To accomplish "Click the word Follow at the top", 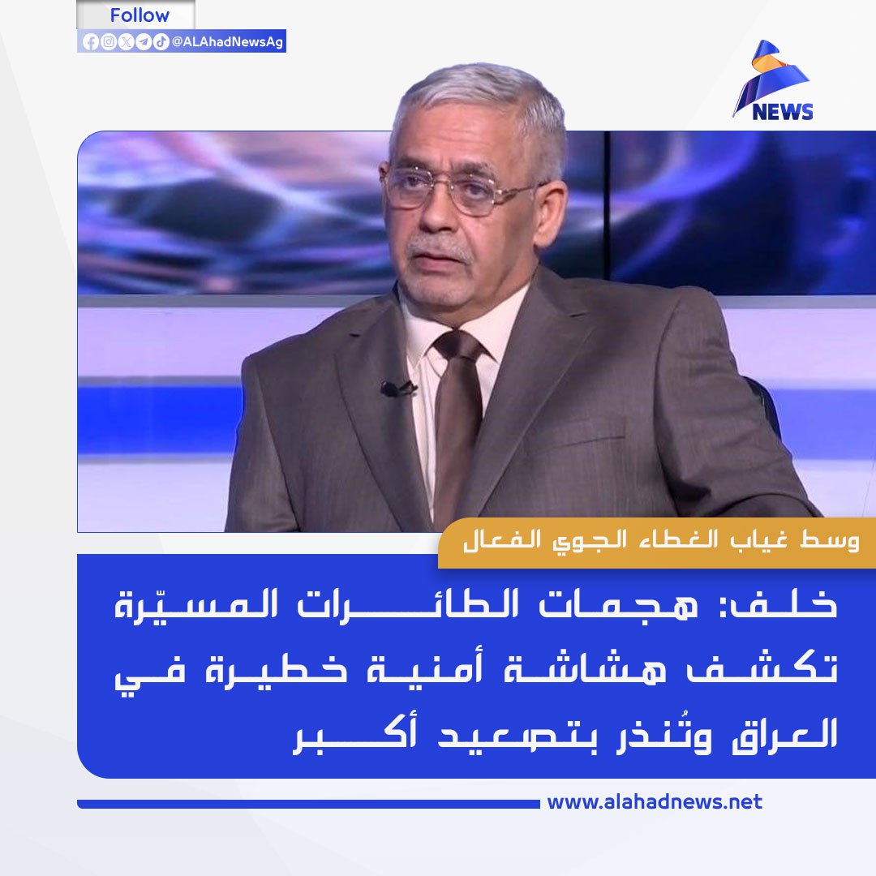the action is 140,15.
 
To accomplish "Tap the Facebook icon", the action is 91,42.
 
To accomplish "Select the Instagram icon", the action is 109,42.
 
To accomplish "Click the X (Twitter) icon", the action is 127,42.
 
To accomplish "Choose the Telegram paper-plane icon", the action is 144,42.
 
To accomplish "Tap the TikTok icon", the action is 161,42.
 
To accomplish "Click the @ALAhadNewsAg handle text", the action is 227,42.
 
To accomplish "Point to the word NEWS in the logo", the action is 782,112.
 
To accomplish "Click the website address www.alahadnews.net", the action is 655,802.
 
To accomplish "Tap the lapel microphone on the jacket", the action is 397,389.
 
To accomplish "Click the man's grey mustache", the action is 441,247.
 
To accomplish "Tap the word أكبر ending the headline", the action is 355,735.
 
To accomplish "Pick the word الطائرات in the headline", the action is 399,603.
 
